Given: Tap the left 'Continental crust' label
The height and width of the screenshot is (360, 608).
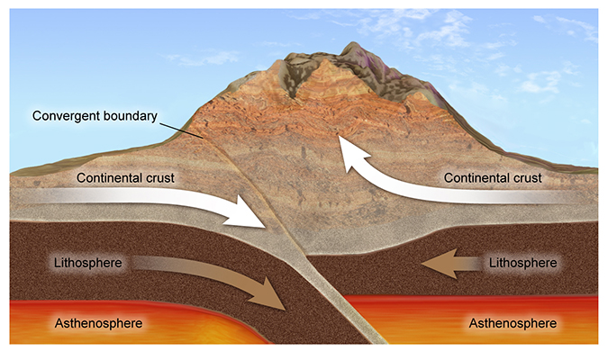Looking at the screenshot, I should tap(125, 177).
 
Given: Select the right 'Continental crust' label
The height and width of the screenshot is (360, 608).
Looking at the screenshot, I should tap(494, 177).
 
